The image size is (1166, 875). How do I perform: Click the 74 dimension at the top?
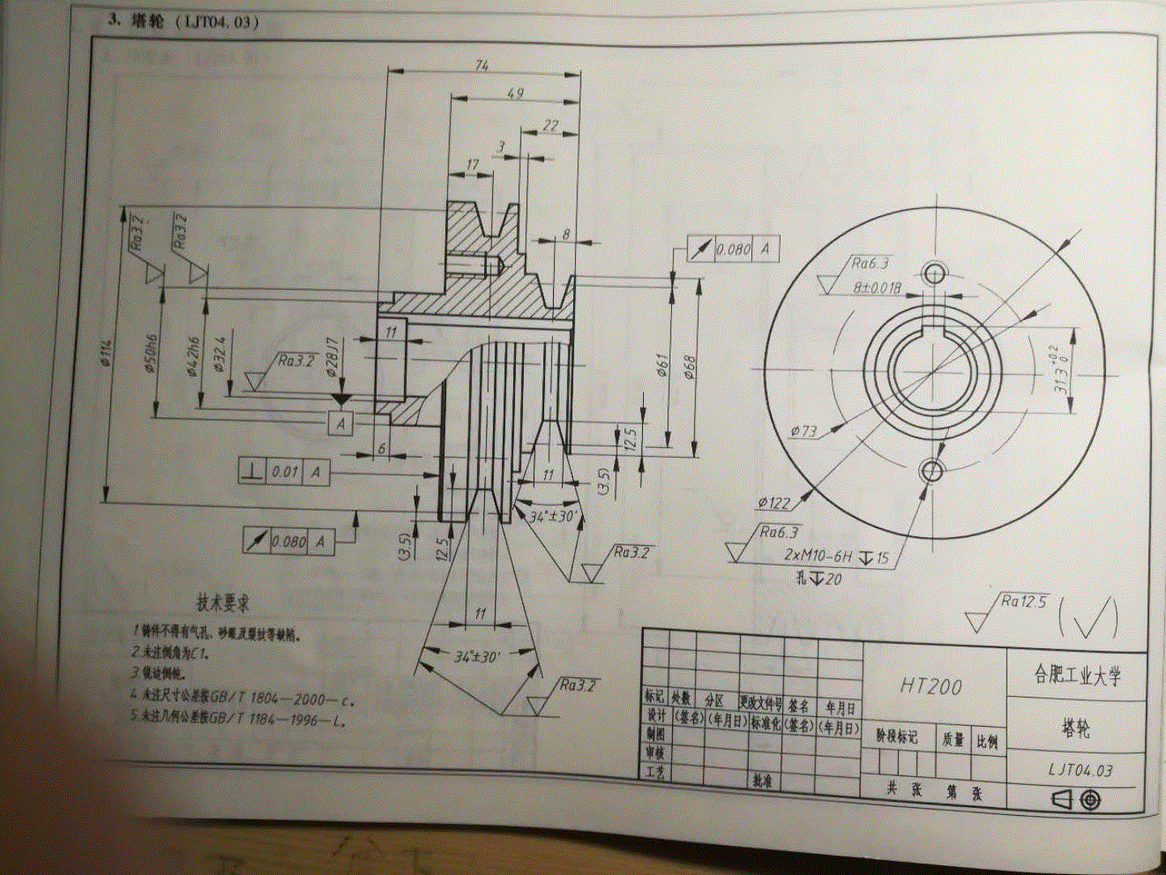(x=482, y=64)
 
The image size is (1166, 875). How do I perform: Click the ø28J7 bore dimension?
(x=331, y=357)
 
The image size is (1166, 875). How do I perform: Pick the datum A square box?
(x=341, y=423)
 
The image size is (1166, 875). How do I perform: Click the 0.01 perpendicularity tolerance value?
(x=284, y=472)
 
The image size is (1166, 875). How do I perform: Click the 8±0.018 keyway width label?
(x=877, y=287)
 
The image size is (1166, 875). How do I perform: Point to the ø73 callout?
(x=803, y=431)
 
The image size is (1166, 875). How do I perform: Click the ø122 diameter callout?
(x=773, y=503)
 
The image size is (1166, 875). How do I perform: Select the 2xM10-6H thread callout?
(x=818, y=556)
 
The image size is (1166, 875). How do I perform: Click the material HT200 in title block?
(x=931, y=686)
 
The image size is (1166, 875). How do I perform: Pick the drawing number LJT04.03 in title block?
(x=1080, y=770)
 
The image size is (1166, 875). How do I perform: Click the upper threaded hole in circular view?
(x=934, y=273)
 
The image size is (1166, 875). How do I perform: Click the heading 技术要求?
(x=223, y=603)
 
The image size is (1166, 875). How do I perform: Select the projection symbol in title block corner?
(x=1078, y=800)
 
